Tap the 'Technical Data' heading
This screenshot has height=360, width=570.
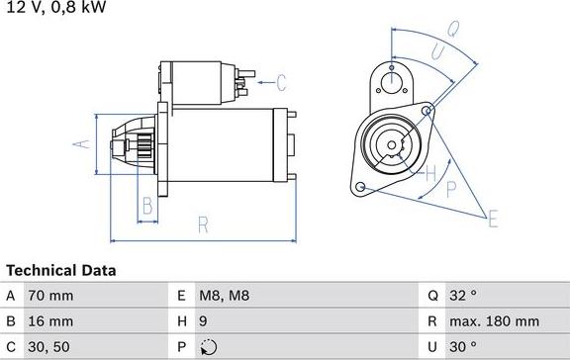[x=61, y=270]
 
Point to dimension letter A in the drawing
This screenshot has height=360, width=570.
[x=83, y=144]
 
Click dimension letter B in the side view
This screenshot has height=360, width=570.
[x=146, y=207]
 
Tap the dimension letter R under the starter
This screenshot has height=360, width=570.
[x=203, y=225]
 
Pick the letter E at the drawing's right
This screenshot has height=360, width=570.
[x=492, y=218]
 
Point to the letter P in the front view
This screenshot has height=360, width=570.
[x=451, y=188]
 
